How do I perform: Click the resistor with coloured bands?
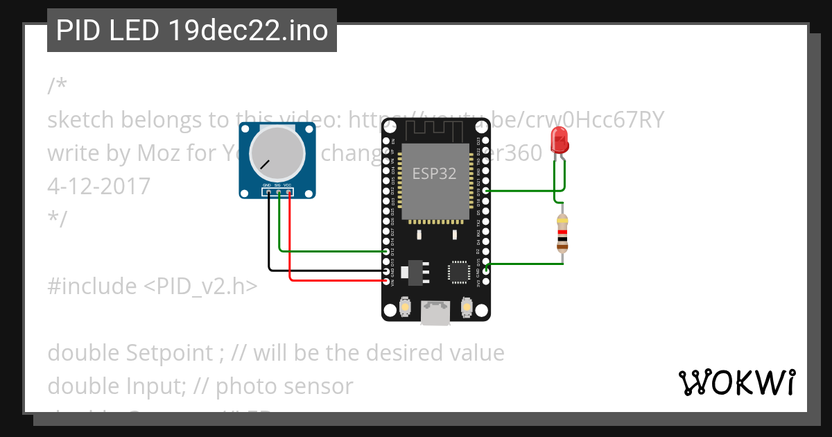(562, 232)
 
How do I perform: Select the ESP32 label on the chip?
(435, 173)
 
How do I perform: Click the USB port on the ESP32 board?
(435, 313)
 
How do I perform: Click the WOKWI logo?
(736, 382)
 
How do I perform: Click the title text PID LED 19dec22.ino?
(191, 31)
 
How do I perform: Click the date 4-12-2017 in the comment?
(98, 186)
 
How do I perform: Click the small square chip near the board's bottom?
(458, 272)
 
